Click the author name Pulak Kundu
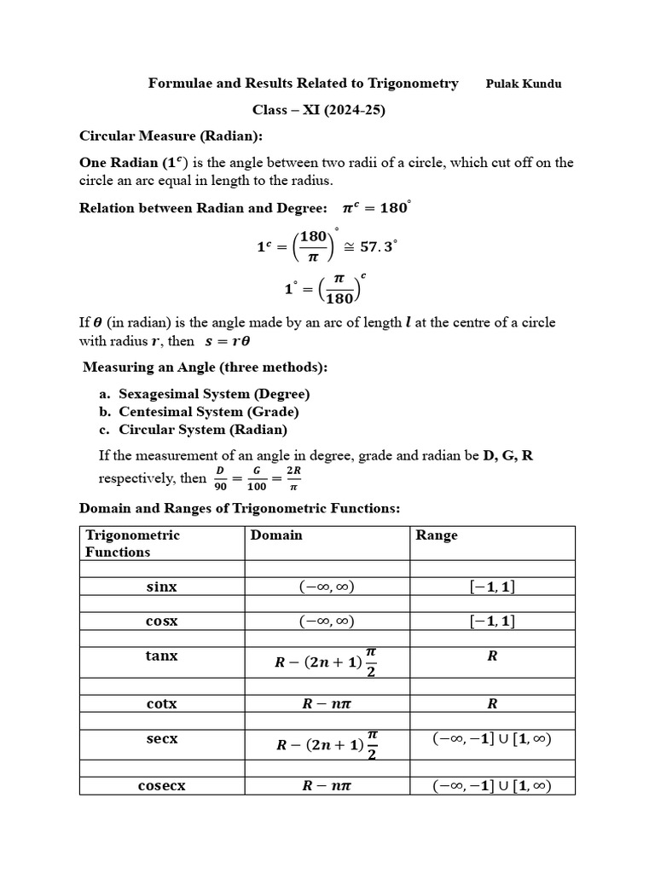click(x=524, y=84)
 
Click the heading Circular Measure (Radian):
click(x=171, y=136)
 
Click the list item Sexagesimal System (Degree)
click(x=214, y=394)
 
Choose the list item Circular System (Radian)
click(x=203, y=430)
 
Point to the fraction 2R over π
click(x=294, y=477)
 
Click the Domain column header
click(x=276, y=535)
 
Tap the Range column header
click(x=437, y=535)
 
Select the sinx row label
click(x=162, y=587)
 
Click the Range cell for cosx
click(x=492, y=622)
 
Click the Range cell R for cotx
click(x=492, y=704)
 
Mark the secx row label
click(x=162, y=739)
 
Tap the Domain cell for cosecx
click(x=327, y=786)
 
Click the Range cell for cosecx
click(x=492, y=786)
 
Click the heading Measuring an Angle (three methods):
click(x=205, y=367)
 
